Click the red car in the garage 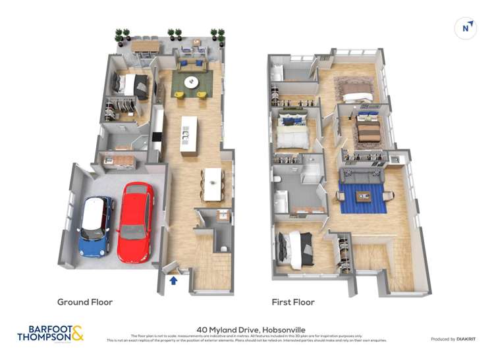(x=136, y=222)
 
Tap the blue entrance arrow (x=174, y=281)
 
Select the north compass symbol (x=466, y=28)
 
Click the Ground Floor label (x=85, y=302)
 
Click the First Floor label (x=293, y=302)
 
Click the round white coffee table (x=191, y=82)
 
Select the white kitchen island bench (x=188, y=136)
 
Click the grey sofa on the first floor (x=361, y=176)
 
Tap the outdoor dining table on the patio (x=146, y=46)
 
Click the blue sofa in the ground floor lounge (x=192, y=64)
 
